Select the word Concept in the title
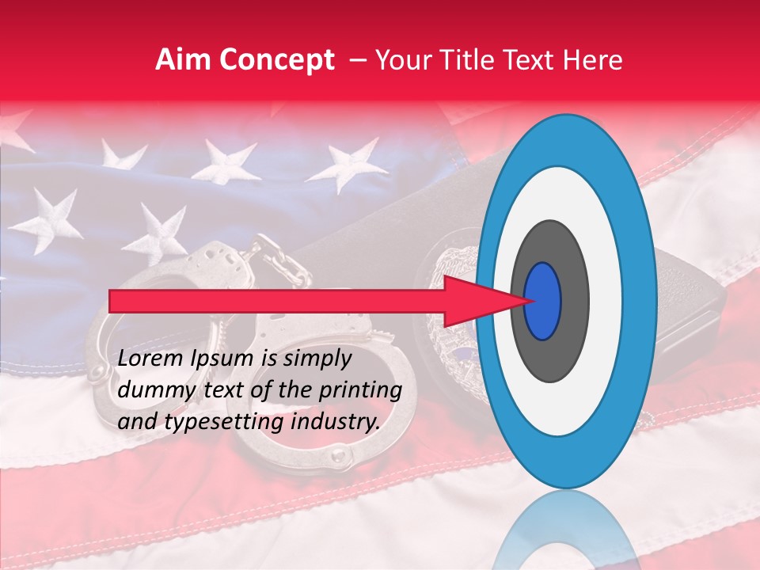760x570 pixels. point(276,61)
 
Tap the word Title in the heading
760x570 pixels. point(477,59)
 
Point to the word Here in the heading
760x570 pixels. point(595,59)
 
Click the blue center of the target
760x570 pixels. point(543,301)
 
